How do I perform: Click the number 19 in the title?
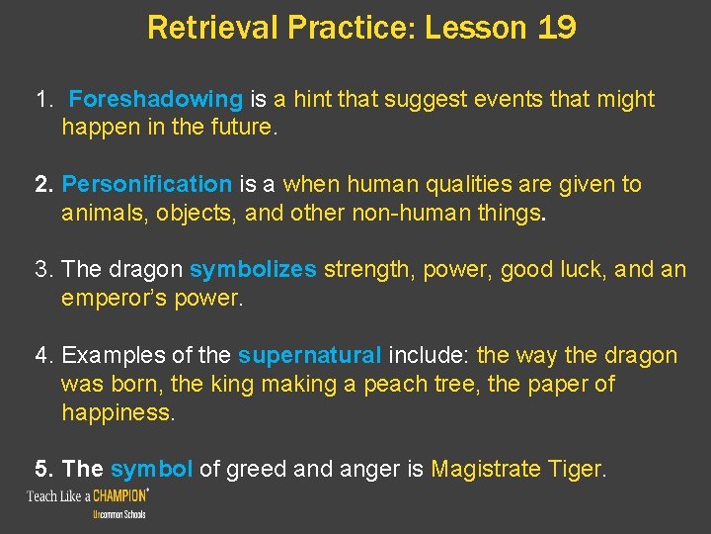point(557,27)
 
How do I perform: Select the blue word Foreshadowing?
point(156,99)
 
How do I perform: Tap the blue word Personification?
point(146,184)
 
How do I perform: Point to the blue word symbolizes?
point(253,270)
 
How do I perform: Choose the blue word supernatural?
point(310,355)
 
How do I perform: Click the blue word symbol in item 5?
point(152,469)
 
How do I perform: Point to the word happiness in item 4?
point(118,412)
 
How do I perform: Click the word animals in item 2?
point(102,212)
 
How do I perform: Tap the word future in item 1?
point(240,127)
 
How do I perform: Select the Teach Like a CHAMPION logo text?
point(88,495)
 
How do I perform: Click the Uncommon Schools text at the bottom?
point(118,515)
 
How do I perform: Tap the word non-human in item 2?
point(435,212)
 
